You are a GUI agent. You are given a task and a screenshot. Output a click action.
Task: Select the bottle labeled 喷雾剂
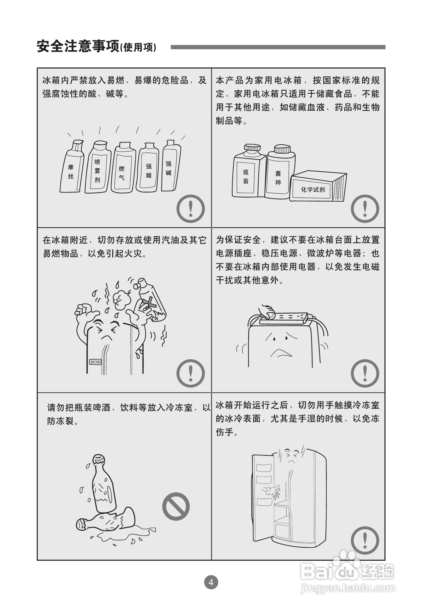(x=98, y=167)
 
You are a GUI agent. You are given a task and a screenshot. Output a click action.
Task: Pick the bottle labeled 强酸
(x=147, y=167)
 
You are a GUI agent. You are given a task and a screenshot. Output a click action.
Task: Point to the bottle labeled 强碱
(x=170, y=165)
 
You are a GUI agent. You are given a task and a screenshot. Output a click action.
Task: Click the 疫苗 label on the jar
(x=246, y=176)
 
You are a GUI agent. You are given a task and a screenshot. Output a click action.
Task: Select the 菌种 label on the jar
(x=278, y=178)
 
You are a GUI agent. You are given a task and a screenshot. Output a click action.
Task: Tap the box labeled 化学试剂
(x=318, y=186)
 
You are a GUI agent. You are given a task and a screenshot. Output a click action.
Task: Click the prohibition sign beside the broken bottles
(x=176, y=506)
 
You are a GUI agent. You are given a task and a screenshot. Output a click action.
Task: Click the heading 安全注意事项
(x=78, y=46)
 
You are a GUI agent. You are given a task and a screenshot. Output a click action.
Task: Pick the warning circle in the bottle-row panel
(x=190, y=208)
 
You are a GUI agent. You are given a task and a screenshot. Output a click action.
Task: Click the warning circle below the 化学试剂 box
(x=365, y=208)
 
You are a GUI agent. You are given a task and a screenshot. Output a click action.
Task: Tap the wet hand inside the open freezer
(x=272, y=490)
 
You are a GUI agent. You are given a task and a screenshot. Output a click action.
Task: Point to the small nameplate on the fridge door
(x=95, y=362)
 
